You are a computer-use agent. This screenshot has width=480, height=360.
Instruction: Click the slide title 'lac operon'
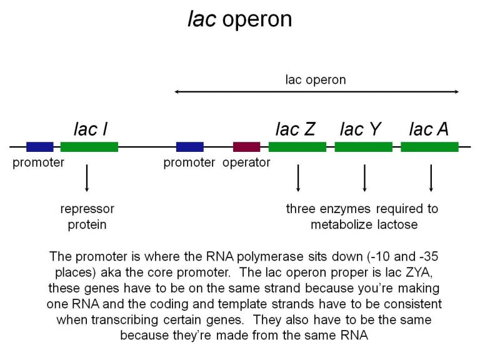point(240,19)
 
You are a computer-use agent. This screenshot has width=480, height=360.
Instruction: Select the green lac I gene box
point(89,147)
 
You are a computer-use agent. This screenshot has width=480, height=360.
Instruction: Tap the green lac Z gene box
point(297,147)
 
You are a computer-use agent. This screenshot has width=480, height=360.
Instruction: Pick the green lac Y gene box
point(363,147)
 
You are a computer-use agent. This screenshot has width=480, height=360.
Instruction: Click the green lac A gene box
point(429,147)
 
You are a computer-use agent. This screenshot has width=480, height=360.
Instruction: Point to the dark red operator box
point(246,147)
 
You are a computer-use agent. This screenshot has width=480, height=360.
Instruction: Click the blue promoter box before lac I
point(39,147)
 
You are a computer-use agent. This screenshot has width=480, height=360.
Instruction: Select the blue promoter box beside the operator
point(189,147)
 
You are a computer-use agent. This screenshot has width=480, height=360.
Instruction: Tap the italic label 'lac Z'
point(296,129)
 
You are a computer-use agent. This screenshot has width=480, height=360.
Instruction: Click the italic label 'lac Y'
point(361,129)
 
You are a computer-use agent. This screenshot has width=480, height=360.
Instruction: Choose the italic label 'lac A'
point(429,129)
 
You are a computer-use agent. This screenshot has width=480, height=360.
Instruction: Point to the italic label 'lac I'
point(91,129)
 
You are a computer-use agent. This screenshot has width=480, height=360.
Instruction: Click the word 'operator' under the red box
point(246,163)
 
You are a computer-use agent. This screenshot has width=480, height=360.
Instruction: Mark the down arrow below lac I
point(87,178)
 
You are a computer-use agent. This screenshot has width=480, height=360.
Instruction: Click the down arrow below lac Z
point(298,178)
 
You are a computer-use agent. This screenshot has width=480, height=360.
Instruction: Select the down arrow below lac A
point(431,178)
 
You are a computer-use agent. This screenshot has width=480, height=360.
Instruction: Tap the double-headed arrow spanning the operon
point(317,92)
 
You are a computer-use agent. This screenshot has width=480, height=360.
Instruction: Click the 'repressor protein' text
point(87,216)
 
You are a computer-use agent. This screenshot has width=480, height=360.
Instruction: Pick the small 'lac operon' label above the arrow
point(315,79)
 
